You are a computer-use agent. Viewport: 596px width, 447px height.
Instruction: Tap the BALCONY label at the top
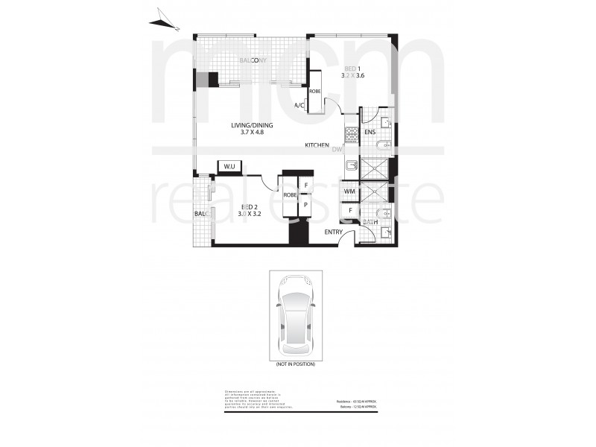click(253, 61)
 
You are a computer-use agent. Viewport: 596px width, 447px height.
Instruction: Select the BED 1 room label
click(352, 69)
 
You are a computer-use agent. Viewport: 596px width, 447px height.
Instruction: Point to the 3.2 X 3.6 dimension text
click(352, 76)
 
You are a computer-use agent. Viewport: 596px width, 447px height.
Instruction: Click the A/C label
click(299, 106)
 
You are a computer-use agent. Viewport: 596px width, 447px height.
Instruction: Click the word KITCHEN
click(317, 145)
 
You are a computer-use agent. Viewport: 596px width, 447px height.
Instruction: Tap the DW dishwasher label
click(337, 150)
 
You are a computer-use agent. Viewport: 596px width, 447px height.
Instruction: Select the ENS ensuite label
click(370, 133)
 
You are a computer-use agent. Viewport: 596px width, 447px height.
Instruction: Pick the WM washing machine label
click(349, 192)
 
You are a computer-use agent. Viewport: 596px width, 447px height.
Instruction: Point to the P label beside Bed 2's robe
click(305, 203)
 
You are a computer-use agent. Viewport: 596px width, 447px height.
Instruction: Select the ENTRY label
click(334, 232)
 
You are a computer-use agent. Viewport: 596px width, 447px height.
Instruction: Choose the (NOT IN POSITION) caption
click(296, 364)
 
